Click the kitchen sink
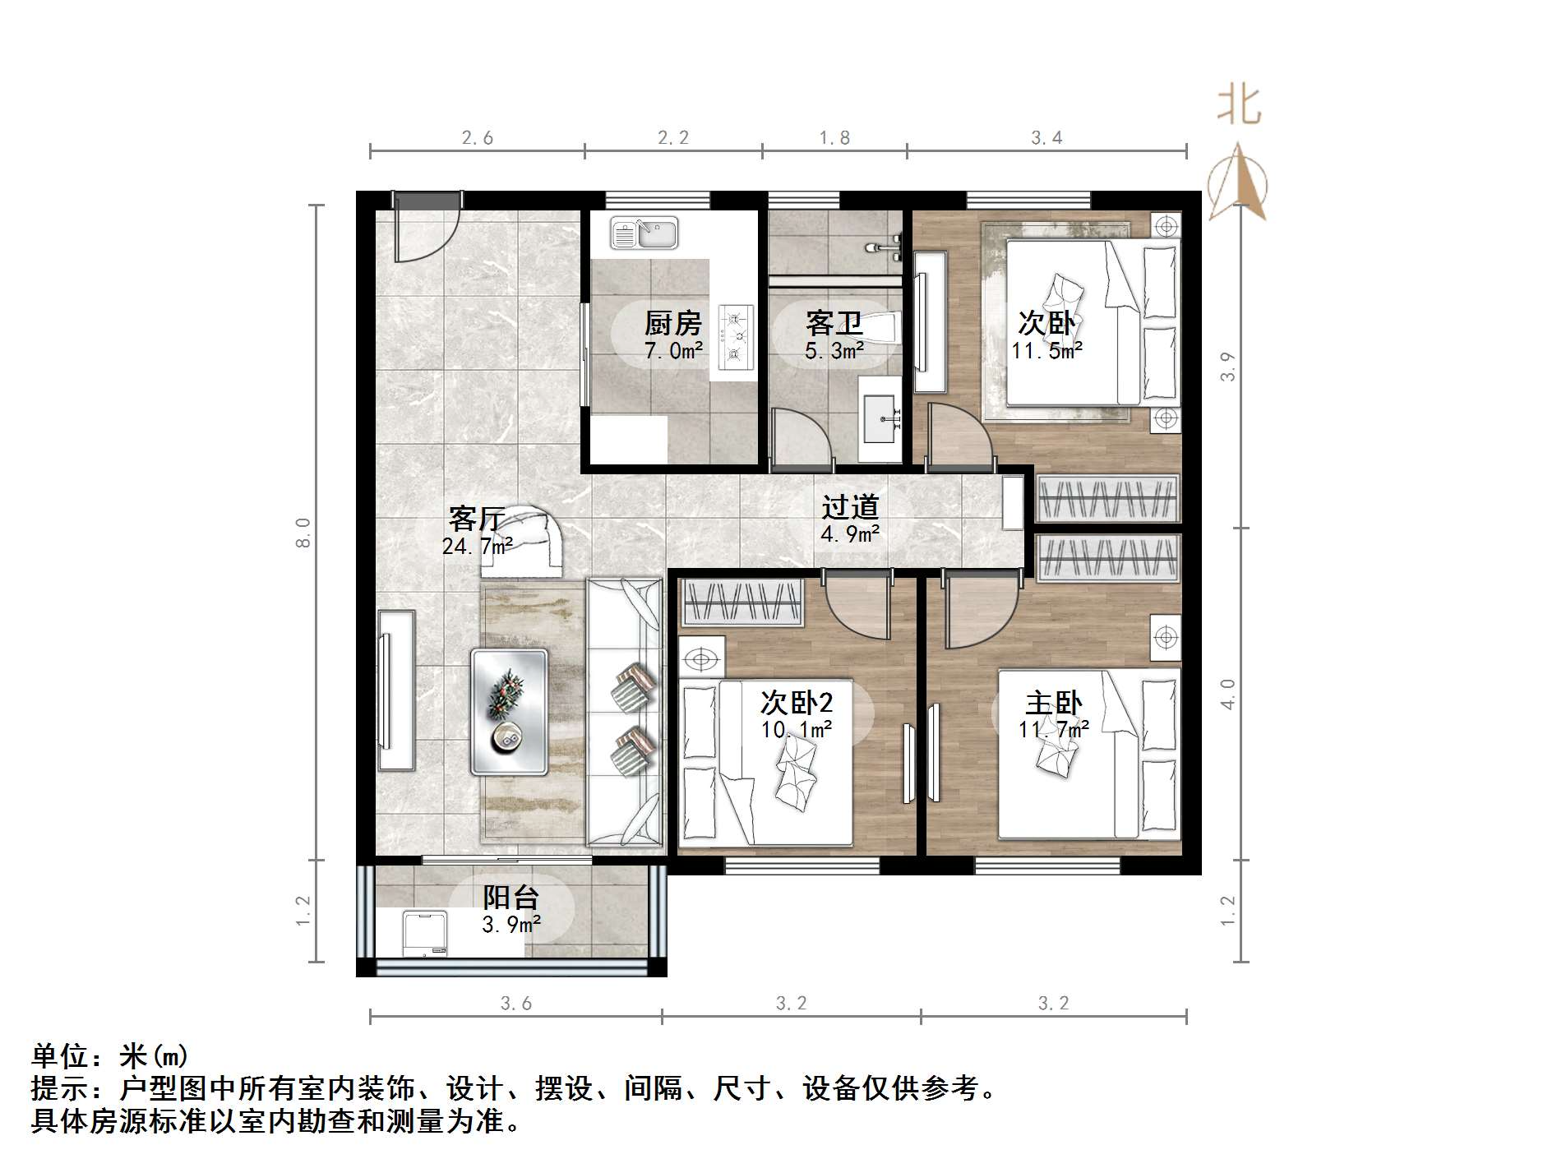644,233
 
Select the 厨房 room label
672,324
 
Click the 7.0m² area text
673,351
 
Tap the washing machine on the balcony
425,934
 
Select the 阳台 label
511,898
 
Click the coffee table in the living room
510,712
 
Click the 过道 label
850,507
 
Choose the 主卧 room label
1053,704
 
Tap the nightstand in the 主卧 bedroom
1165,637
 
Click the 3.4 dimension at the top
1046,138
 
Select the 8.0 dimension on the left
304,532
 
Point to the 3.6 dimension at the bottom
515,1004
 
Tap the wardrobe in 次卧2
742,602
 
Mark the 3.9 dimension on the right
1228,367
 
